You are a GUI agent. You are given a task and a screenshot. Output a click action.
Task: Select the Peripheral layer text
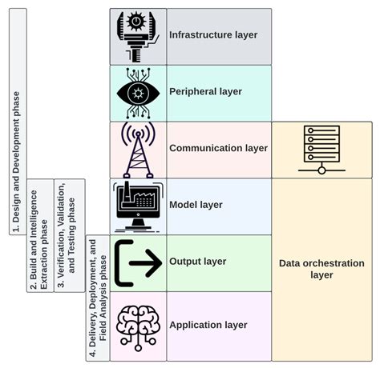[x=205, y=91]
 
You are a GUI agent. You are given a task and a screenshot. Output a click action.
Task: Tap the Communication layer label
[x=218, y=148]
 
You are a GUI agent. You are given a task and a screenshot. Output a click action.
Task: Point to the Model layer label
[x=195, y=205]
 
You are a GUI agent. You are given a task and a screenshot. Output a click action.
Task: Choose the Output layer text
[x=197, y=262]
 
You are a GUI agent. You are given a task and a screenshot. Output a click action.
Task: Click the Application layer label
[x=208, y=325]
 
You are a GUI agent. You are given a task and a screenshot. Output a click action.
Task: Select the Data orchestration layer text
[x=321, y=269]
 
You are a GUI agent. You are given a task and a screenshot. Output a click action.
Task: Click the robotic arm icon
[x=138, y=36]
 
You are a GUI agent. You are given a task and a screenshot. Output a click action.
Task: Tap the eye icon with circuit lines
[x=138, y=92]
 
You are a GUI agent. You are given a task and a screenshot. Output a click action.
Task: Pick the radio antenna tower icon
[x=137, y=149]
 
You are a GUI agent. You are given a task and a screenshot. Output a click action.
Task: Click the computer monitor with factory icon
[x=138, y=206]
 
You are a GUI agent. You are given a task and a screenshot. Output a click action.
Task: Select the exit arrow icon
[x=137, y=262]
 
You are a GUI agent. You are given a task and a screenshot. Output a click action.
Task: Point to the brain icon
[x=138, y=324]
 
